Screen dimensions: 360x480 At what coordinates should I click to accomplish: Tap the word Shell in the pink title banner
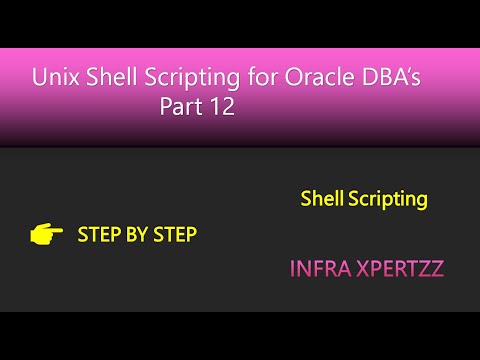[x=108, y=77]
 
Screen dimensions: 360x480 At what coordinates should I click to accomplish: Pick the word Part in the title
[x=181, y=108]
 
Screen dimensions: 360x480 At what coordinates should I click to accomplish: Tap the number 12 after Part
[x=222, y=108]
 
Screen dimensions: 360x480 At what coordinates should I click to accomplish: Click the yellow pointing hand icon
[x=46, y=235]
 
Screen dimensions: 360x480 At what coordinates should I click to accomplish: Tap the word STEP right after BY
[x=175, y=235]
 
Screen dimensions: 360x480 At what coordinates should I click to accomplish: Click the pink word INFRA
[x=316, y=269]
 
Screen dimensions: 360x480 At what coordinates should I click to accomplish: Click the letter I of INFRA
[x=292, y=269]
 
